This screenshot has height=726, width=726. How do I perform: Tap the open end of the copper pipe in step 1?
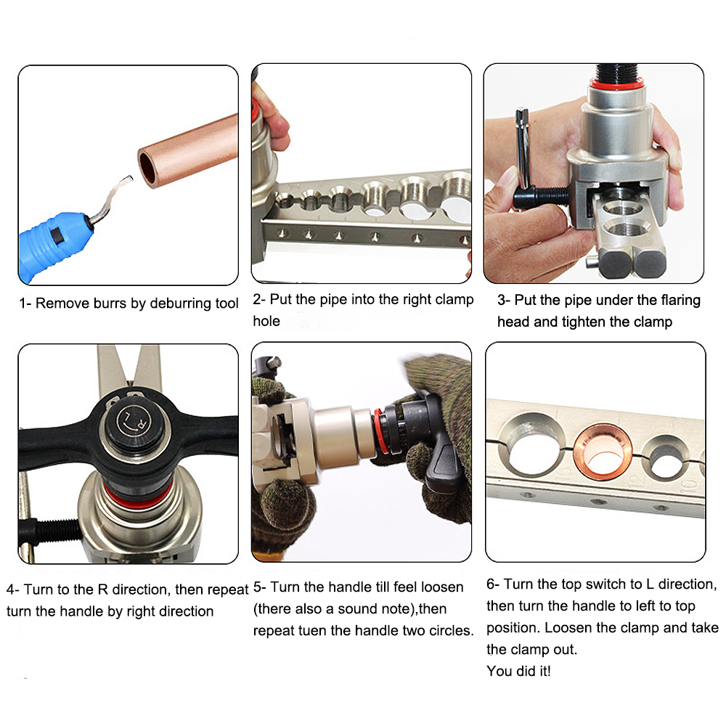[x=148, y=168]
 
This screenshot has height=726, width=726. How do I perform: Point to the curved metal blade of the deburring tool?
[x=110, y=200]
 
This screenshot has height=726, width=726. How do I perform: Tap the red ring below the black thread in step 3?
[x=616, y=84]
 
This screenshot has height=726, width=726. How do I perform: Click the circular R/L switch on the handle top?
[x=134, y=420]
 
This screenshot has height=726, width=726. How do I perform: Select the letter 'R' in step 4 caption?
[x=102, y=590]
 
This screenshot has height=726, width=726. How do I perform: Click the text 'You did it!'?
[x=518, y=672]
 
